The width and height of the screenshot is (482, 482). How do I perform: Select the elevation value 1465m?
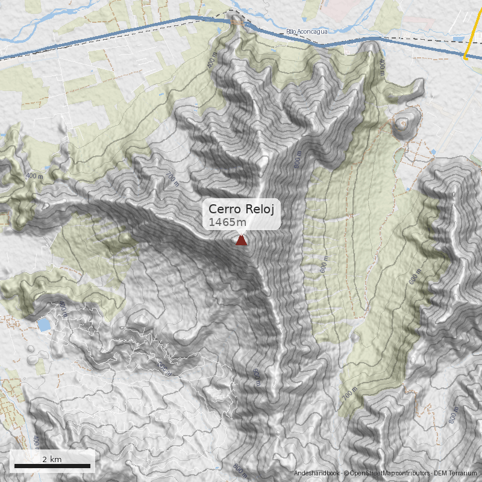tap(227, 223)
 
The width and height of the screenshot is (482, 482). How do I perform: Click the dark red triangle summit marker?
tap(241, 240)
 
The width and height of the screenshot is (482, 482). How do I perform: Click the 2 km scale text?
tap(52, 459)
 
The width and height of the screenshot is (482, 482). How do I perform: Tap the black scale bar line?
tap(52, 466)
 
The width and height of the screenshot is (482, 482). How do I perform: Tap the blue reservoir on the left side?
tap(44, 325)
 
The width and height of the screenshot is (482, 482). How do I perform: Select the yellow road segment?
tap(473, 36)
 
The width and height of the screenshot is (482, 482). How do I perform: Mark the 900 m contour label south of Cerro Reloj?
tap(257, 379)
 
